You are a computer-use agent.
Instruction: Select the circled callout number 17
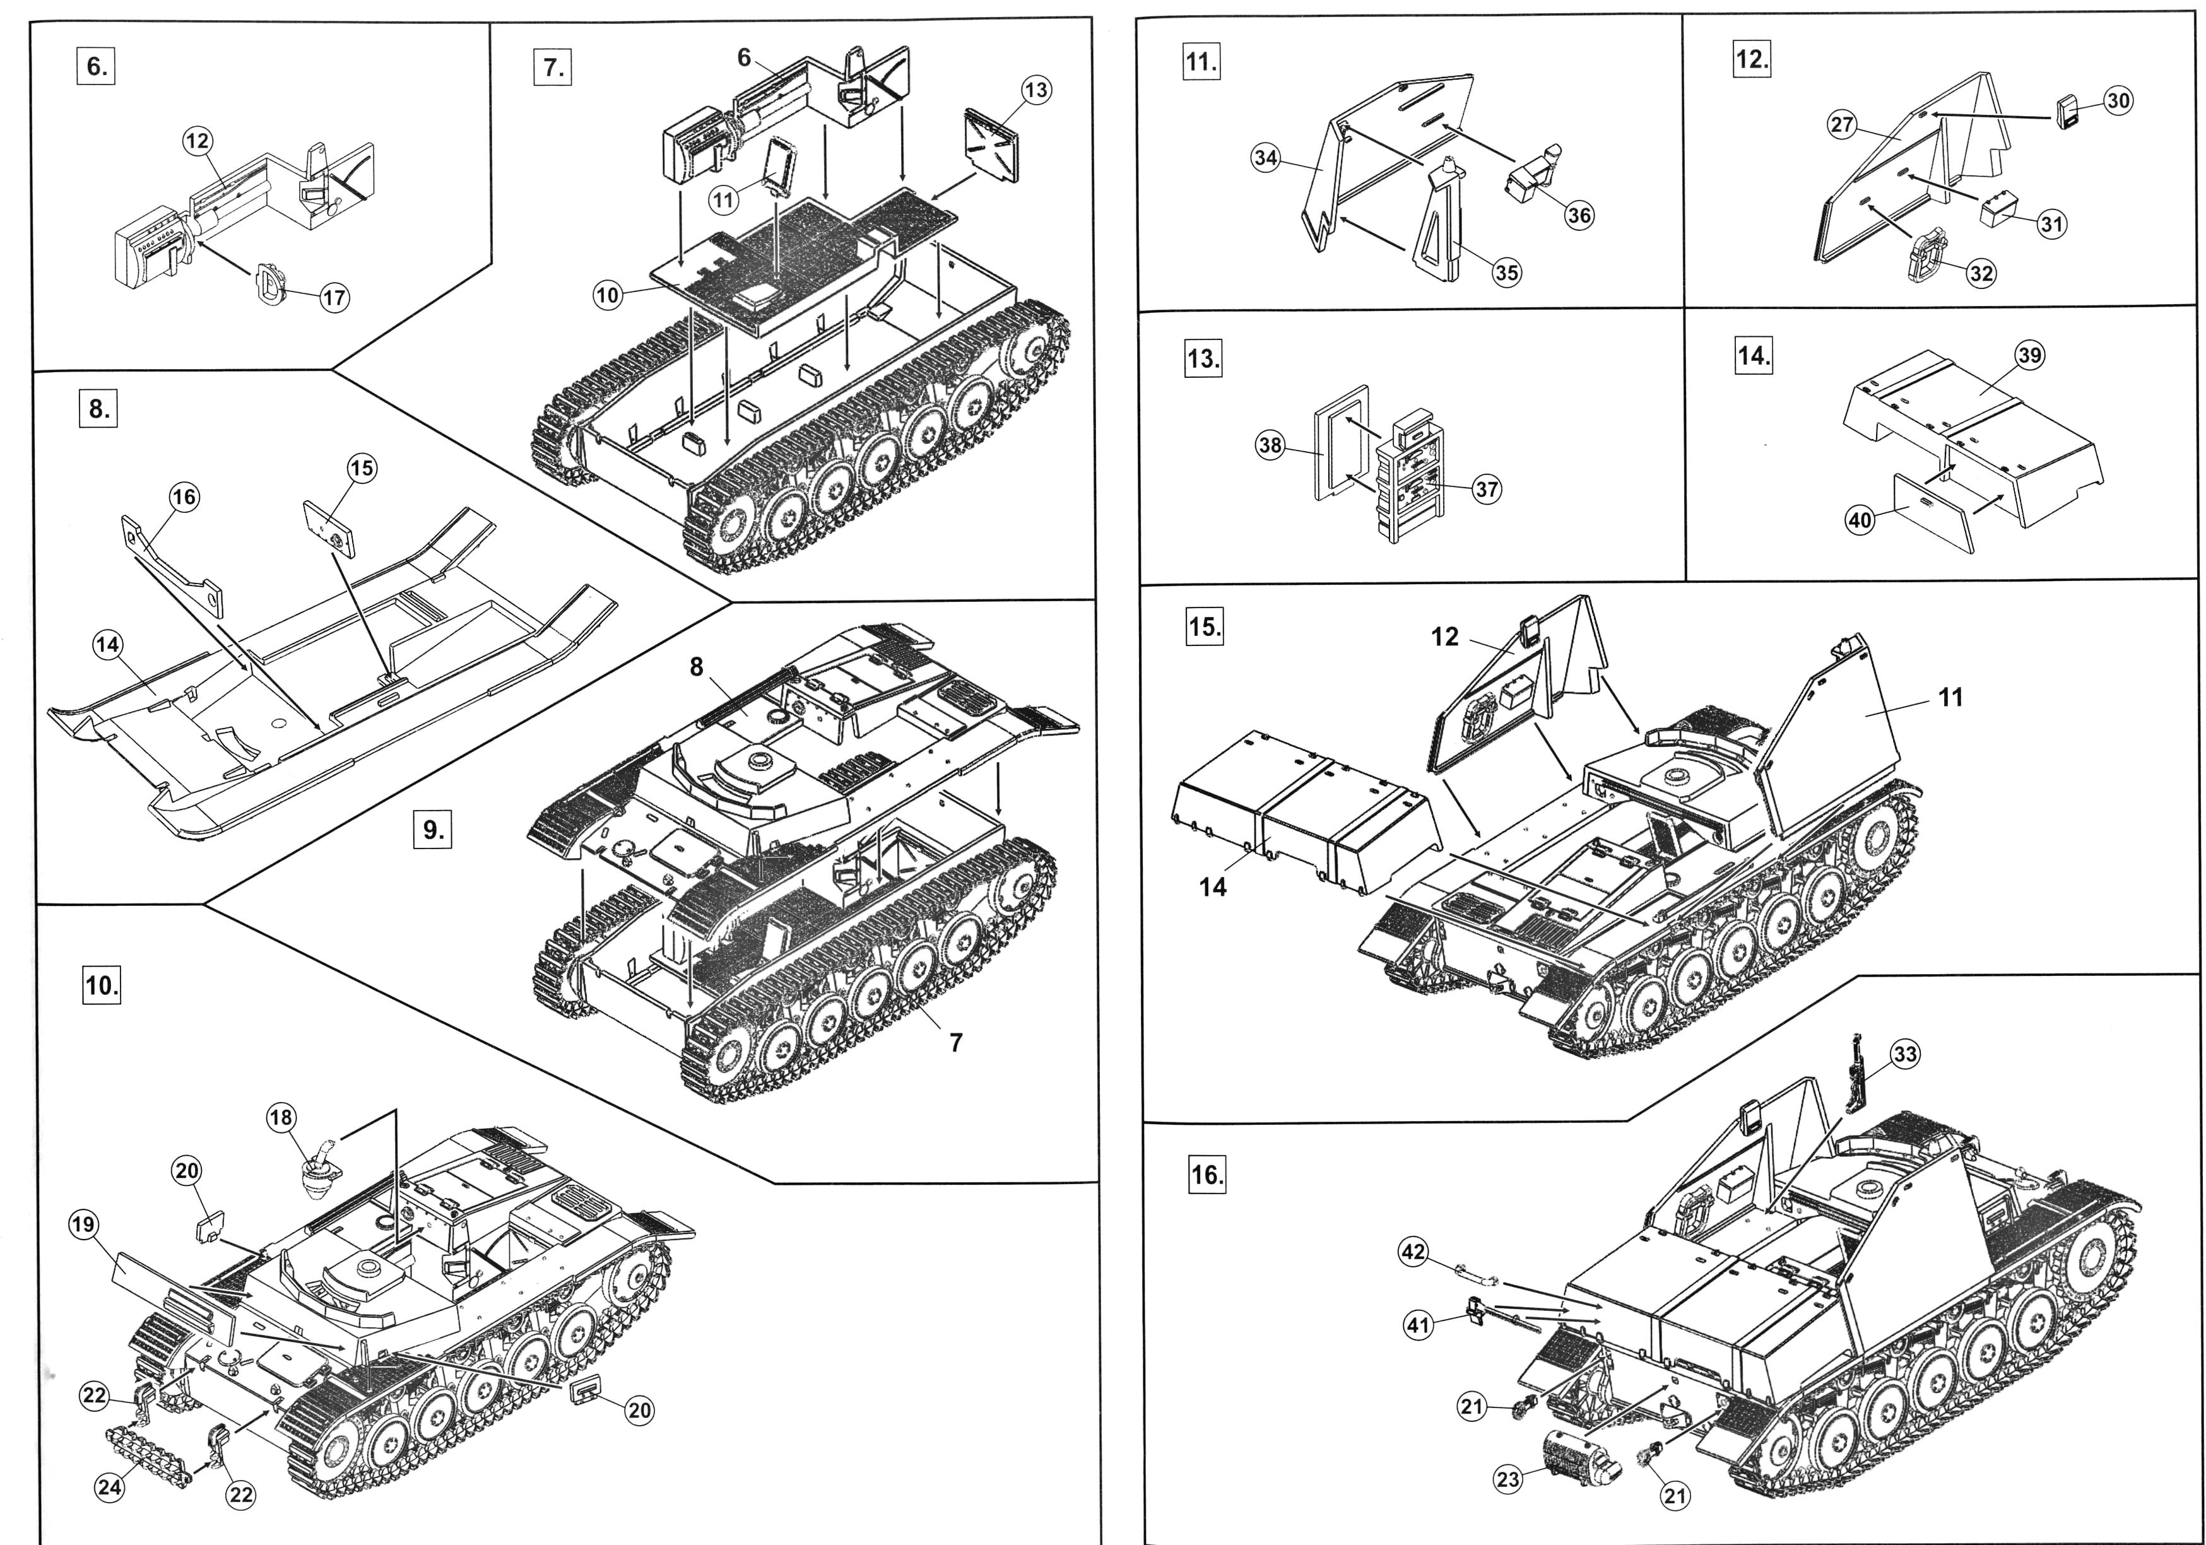[333, 298]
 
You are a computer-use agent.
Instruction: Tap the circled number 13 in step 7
[1035, 90]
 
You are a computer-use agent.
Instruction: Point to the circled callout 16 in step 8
[184, 496]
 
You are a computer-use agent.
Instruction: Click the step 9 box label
[434, 828]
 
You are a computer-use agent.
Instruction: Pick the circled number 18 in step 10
[281, 1117]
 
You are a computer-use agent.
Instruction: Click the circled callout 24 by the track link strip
[110, 1488]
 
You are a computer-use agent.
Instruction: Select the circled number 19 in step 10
[83, 1224]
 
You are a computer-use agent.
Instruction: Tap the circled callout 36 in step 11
[1579, 215]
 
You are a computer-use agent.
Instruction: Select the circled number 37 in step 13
[1487, 489]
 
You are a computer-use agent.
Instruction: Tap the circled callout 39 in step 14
[2029, 356]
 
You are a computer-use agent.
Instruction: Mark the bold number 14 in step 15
[1213, 887]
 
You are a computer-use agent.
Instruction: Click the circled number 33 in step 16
[1904, 1054]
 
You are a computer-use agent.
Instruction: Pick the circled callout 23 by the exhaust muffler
[1509, 1479]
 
